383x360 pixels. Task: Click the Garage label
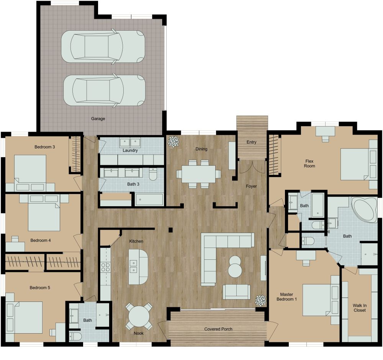point(98,119)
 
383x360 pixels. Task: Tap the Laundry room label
point(130,150)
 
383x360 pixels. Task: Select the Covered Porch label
point(218,329)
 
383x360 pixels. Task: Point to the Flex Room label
point(309,163)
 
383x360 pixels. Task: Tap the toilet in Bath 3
point(153,174)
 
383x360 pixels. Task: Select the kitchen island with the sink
point(138,267)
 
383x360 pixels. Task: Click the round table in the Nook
point(139,316)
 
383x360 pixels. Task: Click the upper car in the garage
point(103,46)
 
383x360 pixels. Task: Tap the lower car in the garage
point(104,90)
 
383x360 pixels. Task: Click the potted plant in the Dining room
point(173,142)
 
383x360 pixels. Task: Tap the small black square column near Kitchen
point(171,230)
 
